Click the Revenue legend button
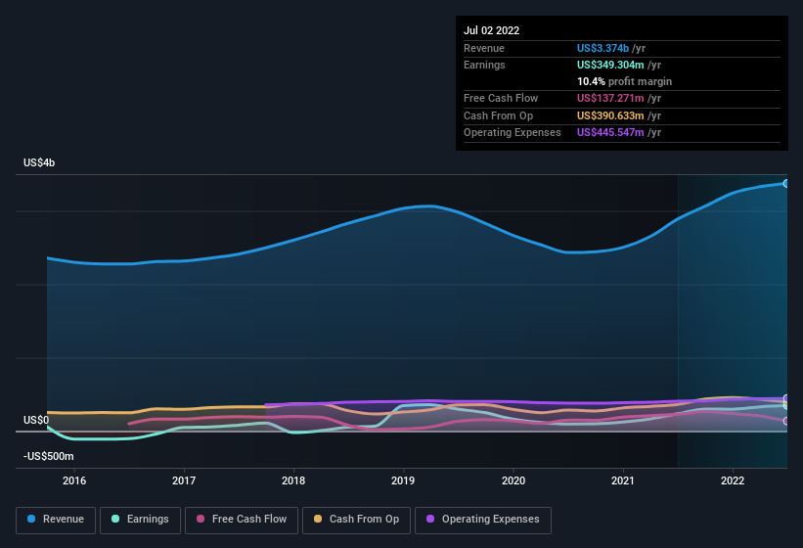[56, 520]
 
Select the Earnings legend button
[141, 520]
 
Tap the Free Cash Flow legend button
[242, 520]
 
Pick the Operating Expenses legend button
[483, 520]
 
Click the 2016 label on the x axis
[74, 480]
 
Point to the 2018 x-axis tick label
[293, 480]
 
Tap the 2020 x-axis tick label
[513, 480]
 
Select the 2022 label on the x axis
[734, 480]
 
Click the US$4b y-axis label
[39, 162]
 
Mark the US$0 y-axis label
[36, 420]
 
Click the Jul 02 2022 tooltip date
[491, 30]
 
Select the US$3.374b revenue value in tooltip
[603, 48]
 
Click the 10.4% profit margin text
[624, 81]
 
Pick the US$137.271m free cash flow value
[610, 99]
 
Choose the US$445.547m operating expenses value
[610, 132]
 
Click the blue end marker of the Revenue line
[785, 183]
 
